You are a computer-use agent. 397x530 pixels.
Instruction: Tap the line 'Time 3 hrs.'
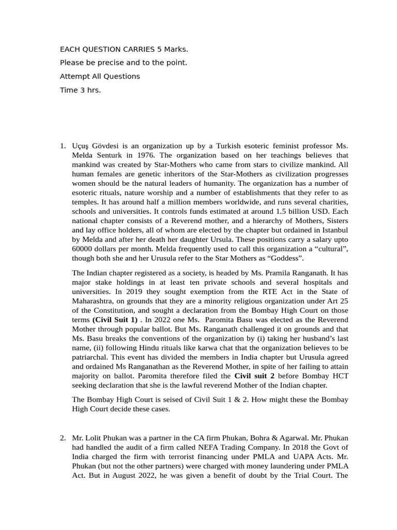point(80,90)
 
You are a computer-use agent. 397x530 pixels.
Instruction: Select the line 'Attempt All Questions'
point(100,77)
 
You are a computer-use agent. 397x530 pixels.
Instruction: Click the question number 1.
point(63,146)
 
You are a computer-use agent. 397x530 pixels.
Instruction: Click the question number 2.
point(63,438)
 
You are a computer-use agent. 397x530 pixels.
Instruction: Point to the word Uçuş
point(82,146)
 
